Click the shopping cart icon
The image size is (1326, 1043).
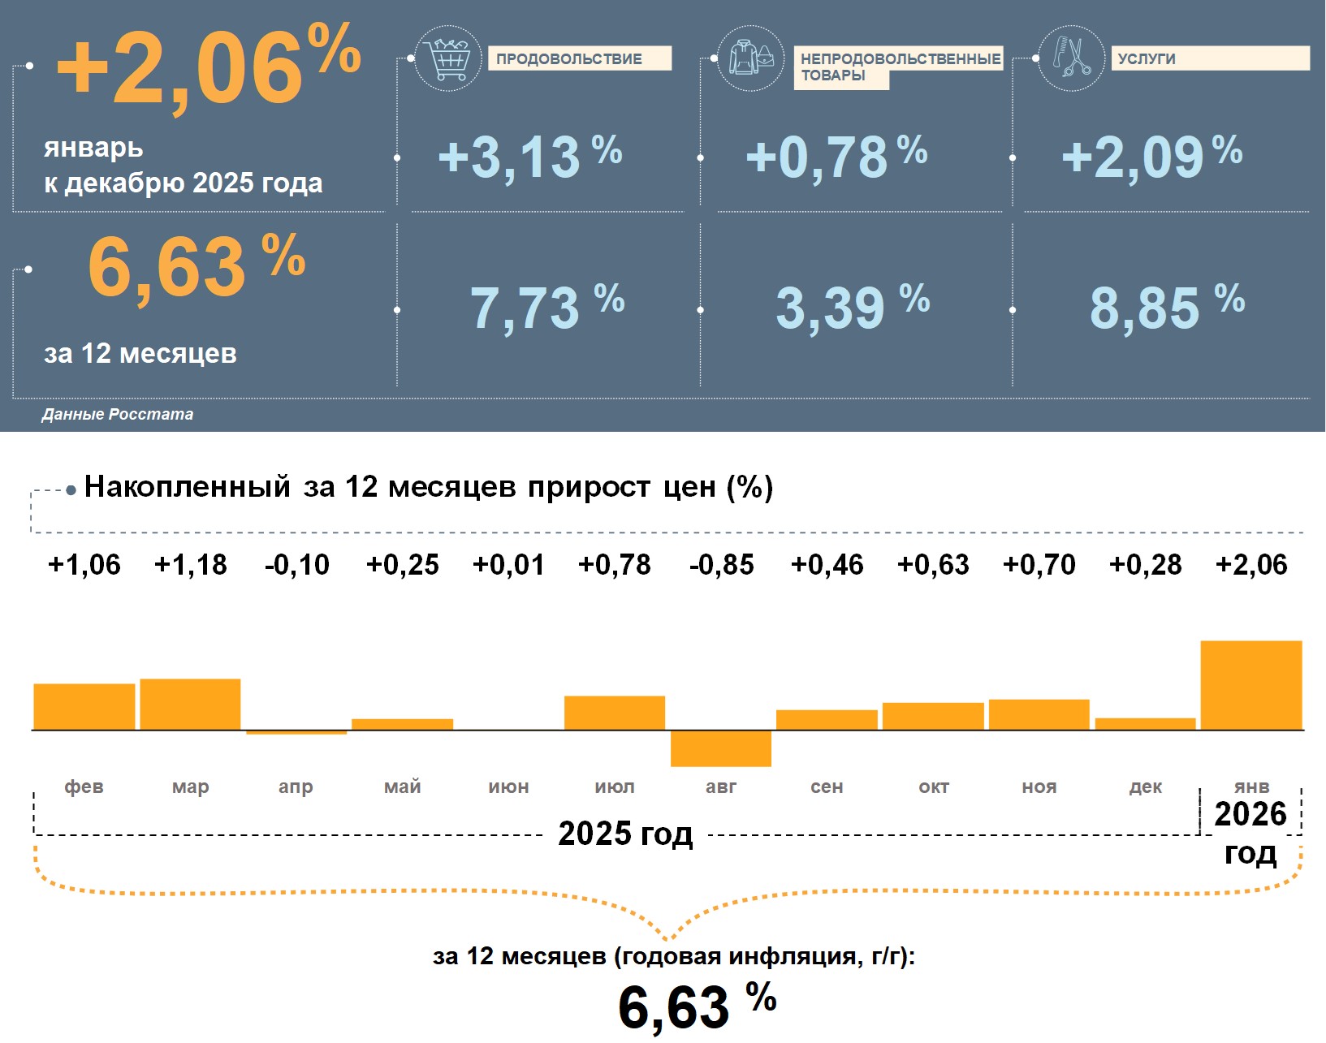click(447, 58)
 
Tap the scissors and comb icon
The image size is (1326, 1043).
click(1071, 58)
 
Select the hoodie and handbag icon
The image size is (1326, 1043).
click(751, 58)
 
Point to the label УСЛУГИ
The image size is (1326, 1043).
click(1147, 58)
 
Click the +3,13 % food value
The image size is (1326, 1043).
click(529, 157)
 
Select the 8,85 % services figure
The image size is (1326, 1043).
click(1167, 308)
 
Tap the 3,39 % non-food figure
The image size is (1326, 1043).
click(853, 308)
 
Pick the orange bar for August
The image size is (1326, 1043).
click(721, 748)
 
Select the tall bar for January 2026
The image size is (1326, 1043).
click(1251, 686)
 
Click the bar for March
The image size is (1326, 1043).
click(191, 705)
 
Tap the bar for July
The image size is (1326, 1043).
click(615, 713)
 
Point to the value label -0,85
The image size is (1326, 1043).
click(721, 565)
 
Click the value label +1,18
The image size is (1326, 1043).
click(191, 565)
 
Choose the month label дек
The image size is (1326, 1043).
click(1145, 787)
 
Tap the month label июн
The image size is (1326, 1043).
click(508, 787)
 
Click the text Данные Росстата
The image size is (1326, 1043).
click(118, 414)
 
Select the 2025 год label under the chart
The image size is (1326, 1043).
click(625, 834)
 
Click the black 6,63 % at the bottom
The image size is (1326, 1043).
click(697, 1006)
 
